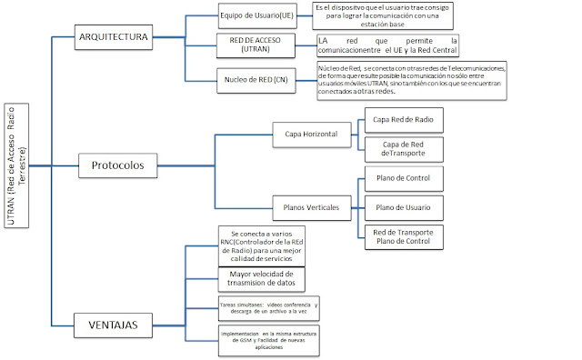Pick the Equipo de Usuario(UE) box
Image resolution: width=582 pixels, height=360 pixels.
click(x=256, y=15)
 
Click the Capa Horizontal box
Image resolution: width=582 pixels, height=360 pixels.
click(x=304, y=135)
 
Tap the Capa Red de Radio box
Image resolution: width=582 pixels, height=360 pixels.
click(x=401, y=121)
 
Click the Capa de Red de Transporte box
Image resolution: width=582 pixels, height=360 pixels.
click(x=401, y=148)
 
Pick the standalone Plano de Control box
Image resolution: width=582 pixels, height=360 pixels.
click(x=401, y=178)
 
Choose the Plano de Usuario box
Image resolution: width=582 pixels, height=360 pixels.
click(x=401, y=208)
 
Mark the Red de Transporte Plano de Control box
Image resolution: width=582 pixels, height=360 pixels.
click(x=401, y=237)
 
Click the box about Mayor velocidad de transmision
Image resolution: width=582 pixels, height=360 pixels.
click(x=262, y=278)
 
